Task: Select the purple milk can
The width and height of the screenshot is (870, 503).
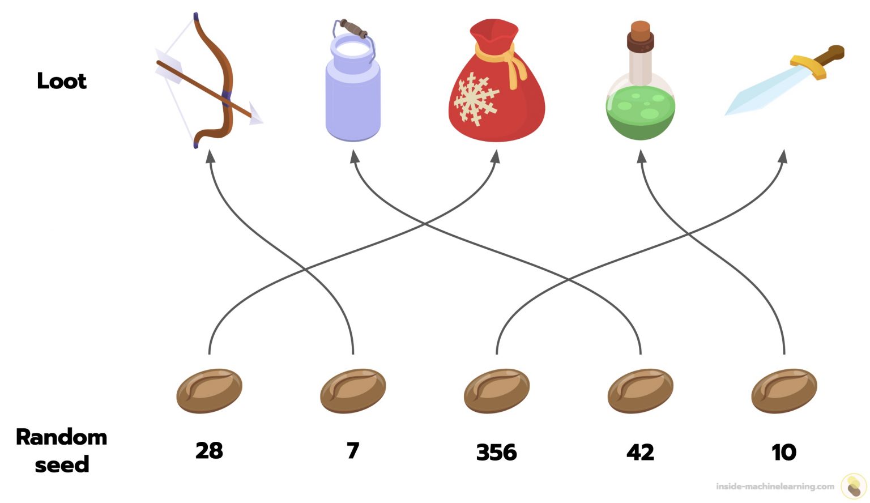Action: click(352, 85)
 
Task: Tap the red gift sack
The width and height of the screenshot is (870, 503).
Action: click(496, 85)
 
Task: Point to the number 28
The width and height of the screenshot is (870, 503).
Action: click(209, 451)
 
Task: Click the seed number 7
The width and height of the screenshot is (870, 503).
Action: click(353, 451)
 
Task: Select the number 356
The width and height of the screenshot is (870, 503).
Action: click(497, 452)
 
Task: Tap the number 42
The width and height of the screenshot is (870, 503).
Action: click(640, 452)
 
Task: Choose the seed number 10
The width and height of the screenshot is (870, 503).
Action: click(784, 452)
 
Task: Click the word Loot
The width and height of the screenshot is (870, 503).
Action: click(62, 81)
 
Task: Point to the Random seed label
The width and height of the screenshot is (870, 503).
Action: click(62, 451)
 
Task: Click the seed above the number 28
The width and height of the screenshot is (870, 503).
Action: click(209, 391)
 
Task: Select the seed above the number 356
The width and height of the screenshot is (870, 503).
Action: click(497, 391)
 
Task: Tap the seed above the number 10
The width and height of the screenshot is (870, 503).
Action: click(784, 391)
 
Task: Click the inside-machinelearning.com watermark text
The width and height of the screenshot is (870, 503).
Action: click(775, 486)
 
